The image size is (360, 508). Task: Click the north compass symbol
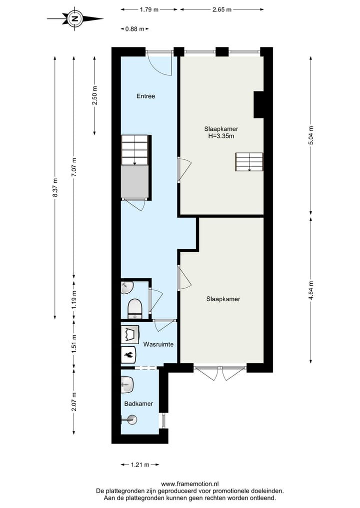point(75,19)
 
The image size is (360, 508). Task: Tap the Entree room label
point(146,96)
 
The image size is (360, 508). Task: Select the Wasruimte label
point(158,344)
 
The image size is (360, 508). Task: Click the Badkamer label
point(138,404)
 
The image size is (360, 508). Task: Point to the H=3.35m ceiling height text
point(221,136)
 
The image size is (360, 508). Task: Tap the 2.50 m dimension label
point(94,95)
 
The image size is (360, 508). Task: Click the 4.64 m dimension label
point(311,290)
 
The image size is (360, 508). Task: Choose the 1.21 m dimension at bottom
point(140,465)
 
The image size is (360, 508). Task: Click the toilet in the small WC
point(135,308)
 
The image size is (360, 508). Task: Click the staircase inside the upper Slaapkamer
point(249,162)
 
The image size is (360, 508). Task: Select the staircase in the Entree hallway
point(135,150)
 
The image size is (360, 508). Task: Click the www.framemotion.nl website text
point(190,484)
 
